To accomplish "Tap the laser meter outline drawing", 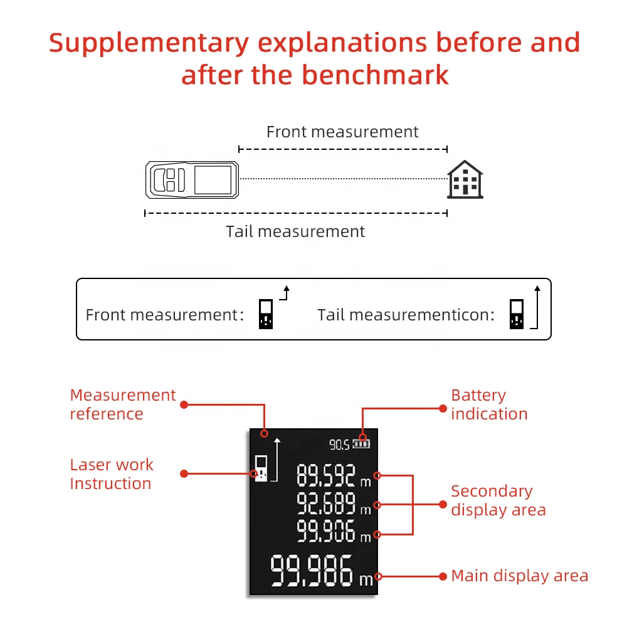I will [x=192, y=179].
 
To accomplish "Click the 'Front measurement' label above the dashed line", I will [x=342, y=132].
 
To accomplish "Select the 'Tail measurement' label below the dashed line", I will [x=295, y=231].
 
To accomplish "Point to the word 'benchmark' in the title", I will [x=375, y=75].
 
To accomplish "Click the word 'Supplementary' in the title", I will [x=149, y=43].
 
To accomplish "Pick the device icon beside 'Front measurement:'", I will [x=266, y=314].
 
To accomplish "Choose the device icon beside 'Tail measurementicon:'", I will [x=516, y=314].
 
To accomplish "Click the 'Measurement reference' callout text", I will [x=123, y=404].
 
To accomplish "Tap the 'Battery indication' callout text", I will [x=489, y=404].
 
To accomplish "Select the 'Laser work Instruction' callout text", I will [x=112, y=474].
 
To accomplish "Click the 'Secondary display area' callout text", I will [x=498, y=500].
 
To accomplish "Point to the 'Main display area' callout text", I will [x=520, y=576].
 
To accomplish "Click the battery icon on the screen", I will [x=362, y=445].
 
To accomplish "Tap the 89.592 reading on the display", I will [x=326, y=476].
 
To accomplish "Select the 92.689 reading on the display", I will [x=326, y=503].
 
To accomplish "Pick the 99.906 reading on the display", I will [x=326, y=531].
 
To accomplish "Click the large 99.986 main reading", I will [x=312, y=572].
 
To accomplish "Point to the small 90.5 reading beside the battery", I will [x=339, y=445].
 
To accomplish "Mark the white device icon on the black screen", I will [x=261, y=468].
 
